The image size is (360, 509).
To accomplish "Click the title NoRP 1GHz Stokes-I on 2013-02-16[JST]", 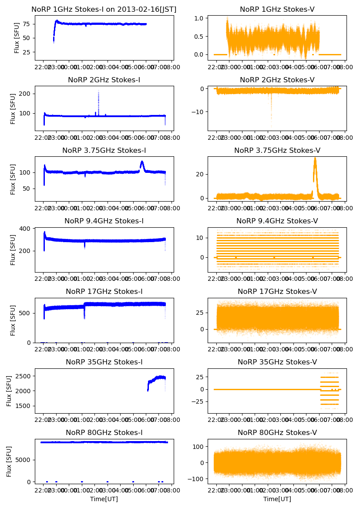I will [x=104, y=10].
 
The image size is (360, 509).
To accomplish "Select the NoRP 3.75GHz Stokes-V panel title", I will [x=277, y=151].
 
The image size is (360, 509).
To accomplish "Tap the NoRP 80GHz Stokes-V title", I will [x=277, y=433].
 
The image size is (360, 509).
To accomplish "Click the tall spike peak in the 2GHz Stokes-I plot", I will [x=98, y=91].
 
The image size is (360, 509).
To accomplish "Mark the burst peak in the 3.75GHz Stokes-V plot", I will [x=315, y=158].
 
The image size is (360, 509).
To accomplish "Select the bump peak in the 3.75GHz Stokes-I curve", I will [x=142, y=162].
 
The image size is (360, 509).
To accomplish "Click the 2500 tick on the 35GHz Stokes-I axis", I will [x=25, y=376].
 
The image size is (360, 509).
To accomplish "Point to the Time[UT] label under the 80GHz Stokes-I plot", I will [x=104, y=499].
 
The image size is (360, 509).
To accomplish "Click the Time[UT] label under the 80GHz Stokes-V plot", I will [x=277, y=499].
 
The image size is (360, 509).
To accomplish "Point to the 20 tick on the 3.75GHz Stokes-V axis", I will [x=201, y=174].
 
